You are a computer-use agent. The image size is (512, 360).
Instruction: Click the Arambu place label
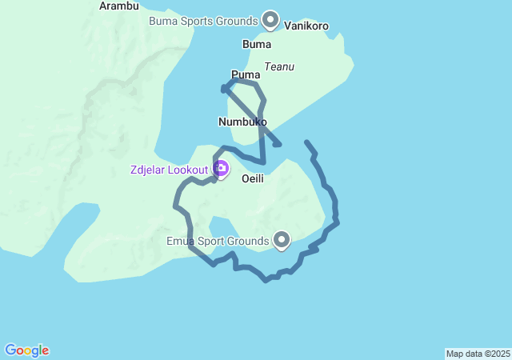tap(119, 6)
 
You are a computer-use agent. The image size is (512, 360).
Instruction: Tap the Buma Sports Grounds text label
tap(203, 20)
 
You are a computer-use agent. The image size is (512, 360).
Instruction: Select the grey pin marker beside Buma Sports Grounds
tap(270, 19)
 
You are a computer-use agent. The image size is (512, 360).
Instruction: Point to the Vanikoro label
tap(306, 26)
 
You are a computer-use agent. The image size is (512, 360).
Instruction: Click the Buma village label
tap(257, 45)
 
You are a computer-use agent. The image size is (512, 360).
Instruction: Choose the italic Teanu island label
tap(279, 67)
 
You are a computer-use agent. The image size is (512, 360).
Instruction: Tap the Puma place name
tap(246, 74)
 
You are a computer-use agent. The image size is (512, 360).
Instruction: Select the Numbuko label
tap(242, 122)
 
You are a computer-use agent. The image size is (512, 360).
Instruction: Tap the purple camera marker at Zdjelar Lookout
tap(221, 169)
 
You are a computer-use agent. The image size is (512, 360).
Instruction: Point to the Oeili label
tap(253, 178)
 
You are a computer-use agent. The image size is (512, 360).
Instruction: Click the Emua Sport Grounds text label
tap(218, 241)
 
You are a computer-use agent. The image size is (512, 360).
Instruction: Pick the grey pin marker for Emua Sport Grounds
tap(282, 239)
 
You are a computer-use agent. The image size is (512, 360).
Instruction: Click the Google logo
tap(26, 350)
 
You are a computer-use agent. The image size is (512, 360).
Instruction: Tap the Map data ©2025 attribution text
tap(478, 354)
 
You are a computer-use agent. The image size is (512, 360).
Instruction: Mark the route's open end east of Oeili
tap(306, 142)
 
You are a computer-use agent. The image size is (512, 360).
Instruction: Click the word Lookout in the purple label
tap(189, 170)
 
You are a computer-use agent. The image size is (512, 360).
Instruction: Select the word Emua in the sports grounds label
tap(181, 241)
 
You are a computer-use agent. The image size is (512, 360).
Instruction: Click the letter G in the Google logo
tap(10, 350)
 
